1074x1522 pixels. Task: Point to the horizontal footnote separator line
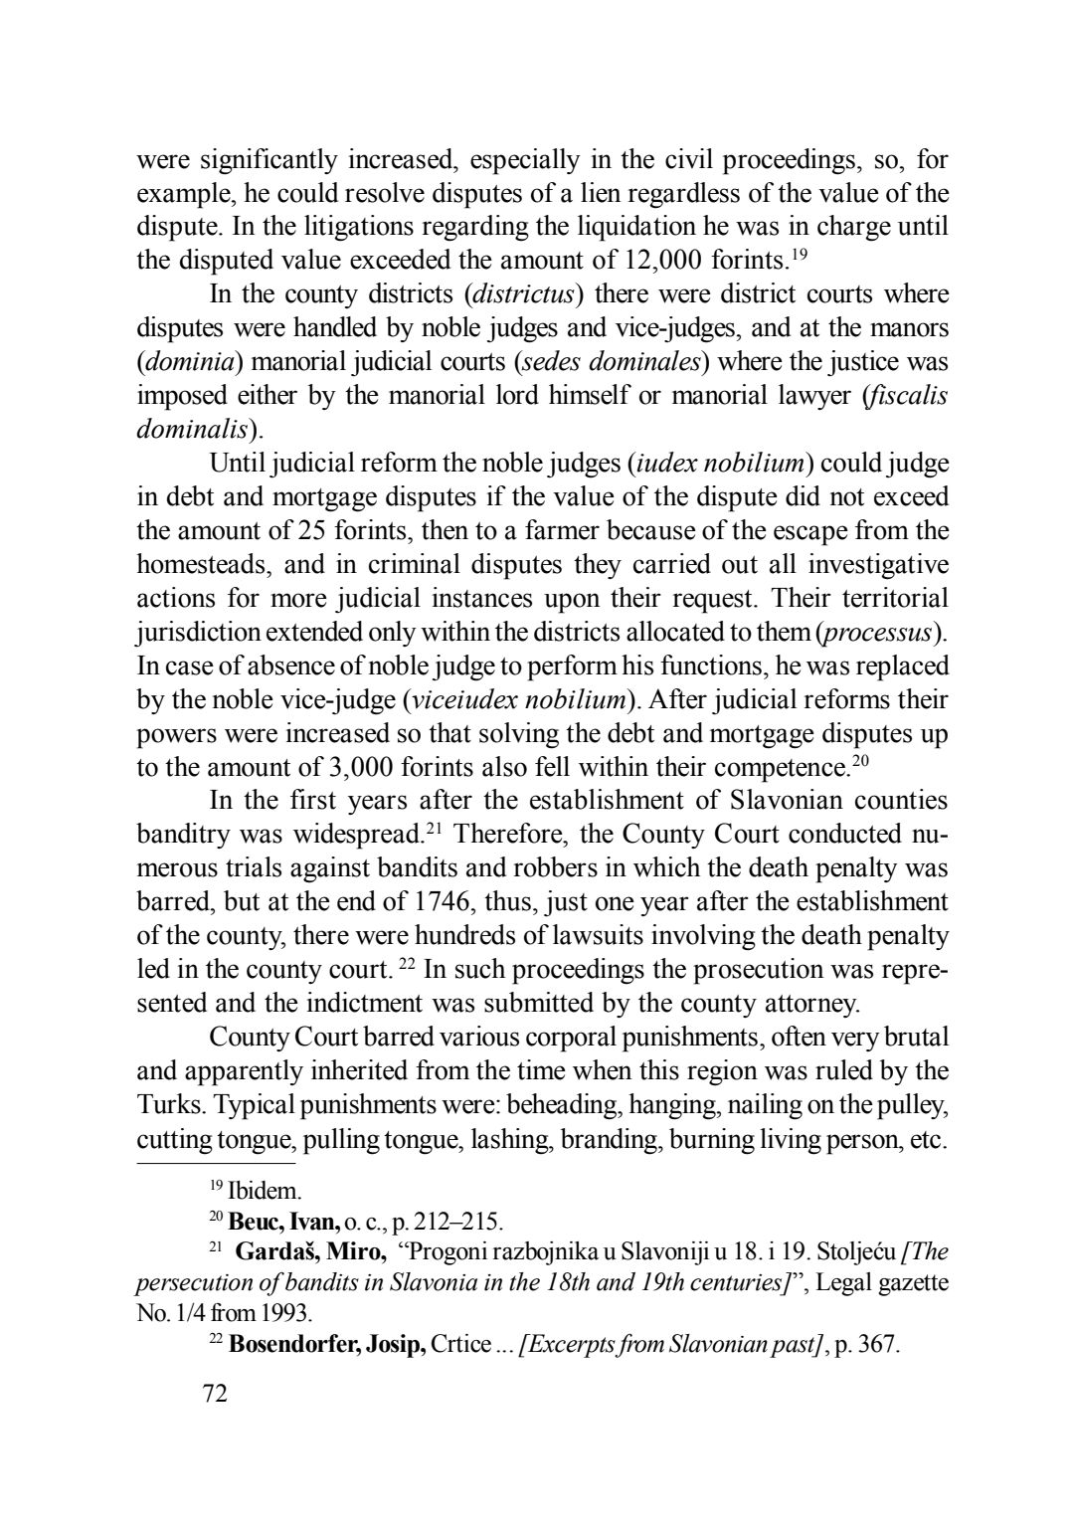pos(216,1162)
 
